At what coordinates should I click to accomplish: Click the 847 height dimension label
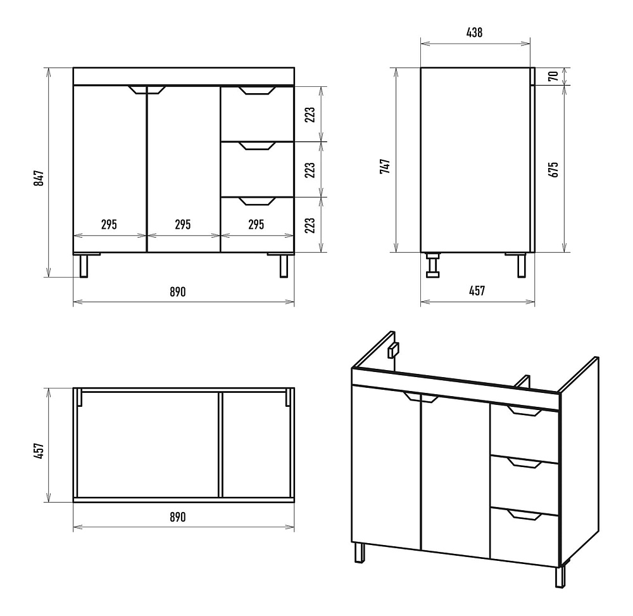pyautogui.click(x=39, y=177)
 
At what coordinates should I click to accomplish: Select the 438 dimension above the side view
pyautogui.click(x=475, y=34)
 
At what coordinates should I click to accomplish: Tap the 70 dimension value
pyautogui.click(x=553, y=77)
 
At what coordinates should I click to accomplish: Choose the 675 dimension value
pyautogui.click(x=554, y=170)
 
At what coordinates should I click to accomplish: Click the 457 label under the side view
pyautogui.click(x=476, y=291)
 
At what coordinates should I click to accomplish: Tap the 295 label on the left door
pyautogui.click(x=109, y=224)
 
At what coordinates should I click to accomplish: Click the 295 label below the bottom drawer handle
pyautogui.click(x=256, y=224)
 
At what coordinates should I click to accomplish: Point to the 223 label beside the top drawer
pyautogui.click(x=310, y=115)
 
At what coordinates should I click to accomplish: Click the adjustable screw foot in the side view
pyautogui.click(x=434, y=264)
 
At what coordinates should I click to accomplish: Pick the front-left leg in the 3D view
pyautogui.click(x=360, y=553)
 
